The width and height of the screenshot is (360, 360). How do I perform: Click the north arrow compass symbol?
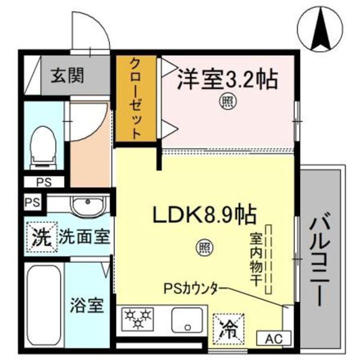319,28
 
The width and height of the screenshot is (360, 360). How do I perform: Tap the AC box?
269,339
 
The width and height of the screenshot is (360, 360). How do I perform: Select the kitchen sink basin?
187,320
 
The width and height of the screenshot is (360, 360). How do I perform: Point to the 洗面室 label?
84,237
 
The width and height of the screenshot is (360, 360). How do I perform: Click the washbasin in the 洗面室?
87,205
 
